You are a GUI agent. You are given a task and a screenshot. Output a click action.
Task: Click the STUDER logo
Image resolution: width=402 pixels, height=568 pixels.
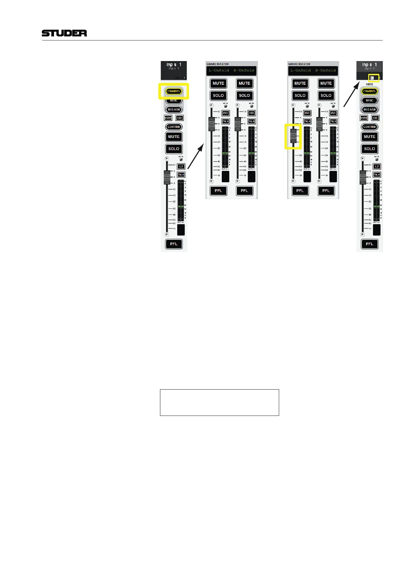coord(64,33)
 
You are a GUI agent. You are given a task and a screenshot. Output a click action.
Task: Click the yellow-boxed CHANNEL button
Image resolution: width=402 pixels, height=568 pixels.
coord(173,91)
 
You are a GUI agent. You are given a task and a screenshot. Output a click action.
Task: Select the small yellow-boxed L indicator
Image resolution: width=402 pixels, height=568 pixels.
coord(372,78)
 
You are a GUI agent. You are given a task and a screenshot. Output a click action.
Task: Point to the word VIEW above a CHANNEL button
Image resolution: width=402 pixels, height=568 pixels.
coord(369,84)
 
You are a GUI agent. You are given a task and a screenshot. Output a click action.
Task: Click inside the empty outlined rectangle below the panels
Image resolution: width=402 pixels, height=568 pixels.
coord(219,402)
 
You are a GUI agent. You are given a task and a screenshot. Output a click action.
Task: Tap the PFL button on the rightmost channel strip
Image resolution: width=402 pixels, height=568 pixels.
coord(369,244)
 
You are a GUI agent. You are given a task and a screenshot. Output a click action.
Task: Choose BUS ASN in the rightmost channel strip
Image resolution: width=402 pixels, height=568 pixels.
coord(369,109)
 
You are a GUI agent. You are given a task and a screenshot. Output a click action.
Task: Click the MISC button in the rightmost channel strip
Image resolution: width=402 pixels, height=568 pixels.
coord(369,100)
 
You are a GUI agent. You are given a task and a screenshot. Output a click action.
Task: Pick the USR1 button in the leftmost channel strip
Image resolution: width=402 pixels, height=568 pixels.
coord(168,118)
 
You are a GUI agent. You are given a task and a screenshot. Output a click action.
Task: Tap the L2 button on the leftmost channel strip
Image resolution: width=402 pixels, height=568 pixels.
coord(181,166)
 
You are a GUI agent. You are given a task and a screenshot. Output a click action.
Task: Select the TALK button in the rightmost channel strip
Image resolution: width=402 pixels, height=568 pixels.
coord(377,175)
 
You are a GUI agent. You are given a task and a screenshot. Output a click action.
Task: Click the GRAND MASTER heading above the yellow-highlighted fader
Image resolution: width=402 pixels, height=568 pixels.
coord(299,64)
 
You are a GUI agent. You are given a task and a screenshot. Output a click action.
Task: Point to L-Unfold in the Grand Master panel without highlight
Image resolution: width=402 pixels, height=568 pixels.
coord(219,70)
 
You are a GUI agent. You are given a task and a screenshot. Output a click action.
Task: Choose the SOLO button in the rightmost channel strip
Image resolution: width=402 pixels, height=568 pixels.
coord(369,149)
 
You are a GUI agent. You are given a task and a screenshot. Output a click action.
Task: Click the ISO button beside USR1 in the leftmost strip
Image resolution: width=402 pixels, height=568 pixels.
coord(180,118)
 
